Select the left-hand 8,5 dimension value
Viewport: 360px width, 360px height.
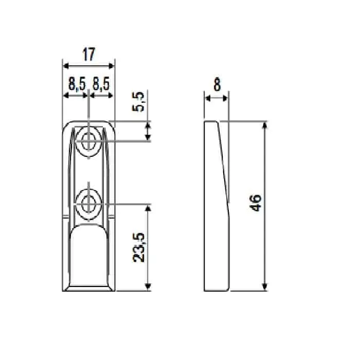77,84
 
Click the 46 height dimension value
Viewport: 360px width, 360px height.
258,203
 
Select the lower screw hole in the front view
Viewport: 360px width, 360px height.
89,202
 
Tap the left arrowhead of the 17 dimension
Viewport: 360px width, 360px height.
65,66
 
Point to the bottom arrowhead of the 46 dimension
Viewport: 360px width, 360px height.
265,287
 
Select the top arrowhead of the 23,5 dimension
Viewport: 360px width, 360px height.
149,208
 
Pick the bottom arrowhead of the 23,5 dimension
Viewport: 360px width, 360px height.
149,287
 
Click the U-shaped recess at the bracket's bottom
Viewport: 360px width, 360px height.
89,257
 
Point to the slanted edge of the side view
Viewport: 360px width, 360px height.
223,159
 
